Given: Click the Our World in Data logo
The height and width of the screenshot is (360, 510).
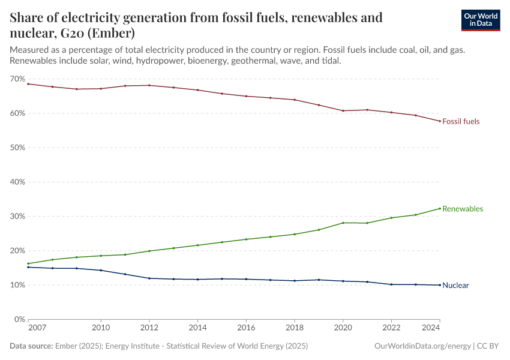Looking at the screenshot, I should tap(480, 20).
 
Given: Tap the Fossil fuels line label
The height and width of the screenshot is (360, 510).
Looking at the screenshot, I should tap(461, 121).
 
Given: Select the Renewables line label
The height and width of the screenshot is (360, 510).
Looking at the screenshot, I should tap(462, 209).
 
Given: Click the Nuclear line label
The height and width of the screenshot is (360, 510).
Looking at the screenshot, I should tap(455, 286).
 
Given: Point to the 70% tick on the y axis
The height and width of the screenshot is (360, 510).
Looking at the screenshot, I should tap(17, 79).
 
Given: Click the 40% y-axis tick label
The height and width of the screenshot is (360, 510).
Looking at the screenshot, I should tap(17, 182).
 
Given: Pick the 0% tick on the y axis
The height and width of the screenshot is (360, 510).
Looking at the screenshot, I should tap(19, 319).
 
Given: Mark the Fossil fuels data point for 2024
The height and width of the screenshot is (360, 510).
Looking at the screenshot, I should tap(440, 121).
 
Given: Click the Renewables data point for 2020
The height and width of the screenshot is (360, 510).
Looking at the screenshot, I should tap(343, 223).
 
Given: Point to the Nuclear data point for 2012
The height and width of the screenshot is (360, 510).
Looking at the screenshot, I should tap(149, 278).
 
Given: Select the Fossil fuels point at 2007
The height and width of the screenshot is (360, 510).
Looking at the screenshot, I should tap(28, 84).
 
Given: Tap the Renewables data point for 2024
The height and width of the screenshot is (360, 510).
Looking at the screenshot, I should tap(440, 208).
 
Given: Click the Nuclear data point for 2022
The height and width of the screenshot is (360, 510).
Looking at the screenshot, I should tap(391, 284).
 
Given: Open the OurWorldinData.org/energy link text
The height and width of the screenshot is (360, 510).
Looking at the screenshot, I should tap(422, 346).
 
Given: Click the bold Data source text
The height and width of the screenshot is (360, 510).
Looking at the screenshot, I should tap(31, 346).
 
